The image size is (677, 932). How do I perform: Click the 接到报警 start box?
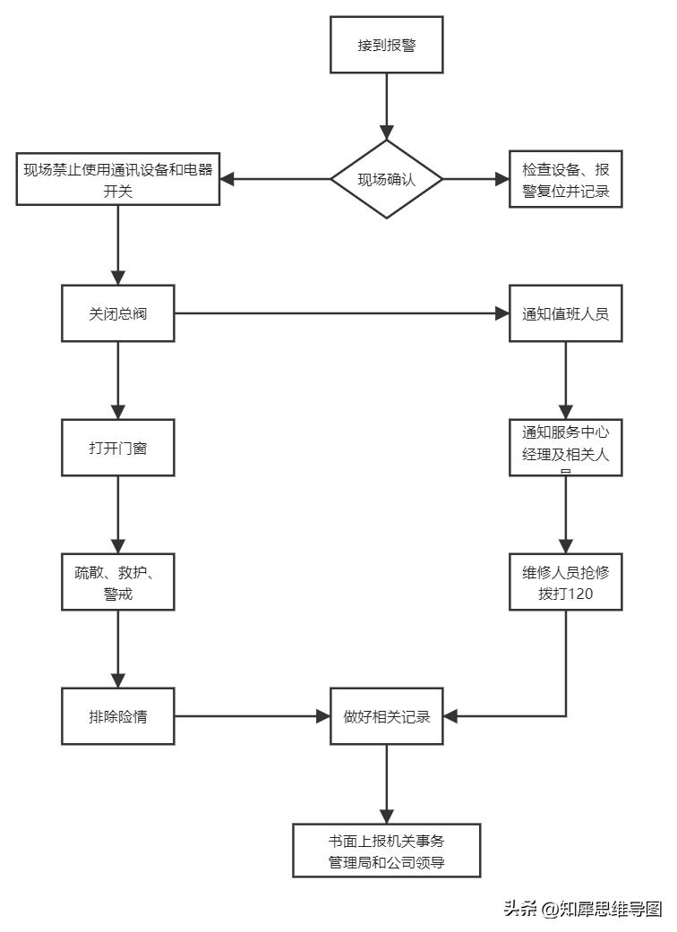(x=387, y=45)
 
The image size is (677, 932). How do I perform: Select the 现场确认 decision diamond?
(x=387, y=179)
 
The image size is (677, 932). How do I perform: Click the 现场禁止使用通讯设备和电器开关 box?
(x=118, y=179)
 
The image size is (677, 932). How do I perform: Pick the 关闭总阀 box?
(x=118, y=313)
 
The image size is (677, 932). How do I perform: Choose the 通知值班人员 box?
(x=565, y=313)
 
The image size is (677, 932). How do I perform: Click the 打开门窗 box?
(x=118, y=448)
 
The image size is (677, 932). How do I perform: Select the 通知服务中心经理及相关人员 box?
(x=565, y=447)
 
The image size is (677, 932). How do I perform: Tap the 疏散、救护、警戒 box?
(x=118, y=582)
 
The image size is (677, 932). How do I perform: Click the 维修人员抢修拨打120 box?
(x=565, y=582)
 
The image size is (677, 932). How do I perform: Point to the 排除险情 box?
(x=118, y=716)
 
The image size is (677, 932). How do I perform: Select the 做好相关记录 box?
(x=387, y=716)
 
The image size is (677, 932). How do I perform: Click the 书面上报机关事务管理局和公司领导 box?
(x=387, y=851)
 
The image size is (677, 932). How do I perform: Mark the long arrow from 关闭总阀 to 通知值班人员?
(x=340, y=313)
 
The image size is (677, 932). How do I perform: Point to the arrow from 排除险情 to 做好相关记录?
(x=251, y=716)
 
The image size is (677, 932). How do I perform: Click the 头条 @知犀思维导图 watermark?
(x=582, y=909)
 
